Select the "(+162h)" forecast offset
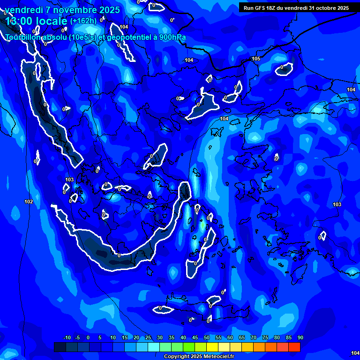point(83,21)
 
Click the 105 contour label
point(256,59)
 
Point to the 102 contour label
point(29,202)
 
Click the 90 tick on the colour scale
point(300,338)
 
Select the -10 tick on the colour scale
point(67,338)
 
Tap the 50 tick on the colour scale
point(207,338)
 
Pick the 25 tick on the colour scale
point(148,338)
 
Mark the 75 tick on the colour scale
point(265,338)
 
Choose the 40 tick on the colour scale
point(183,338)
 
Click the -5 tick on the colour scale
point(78,338)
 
